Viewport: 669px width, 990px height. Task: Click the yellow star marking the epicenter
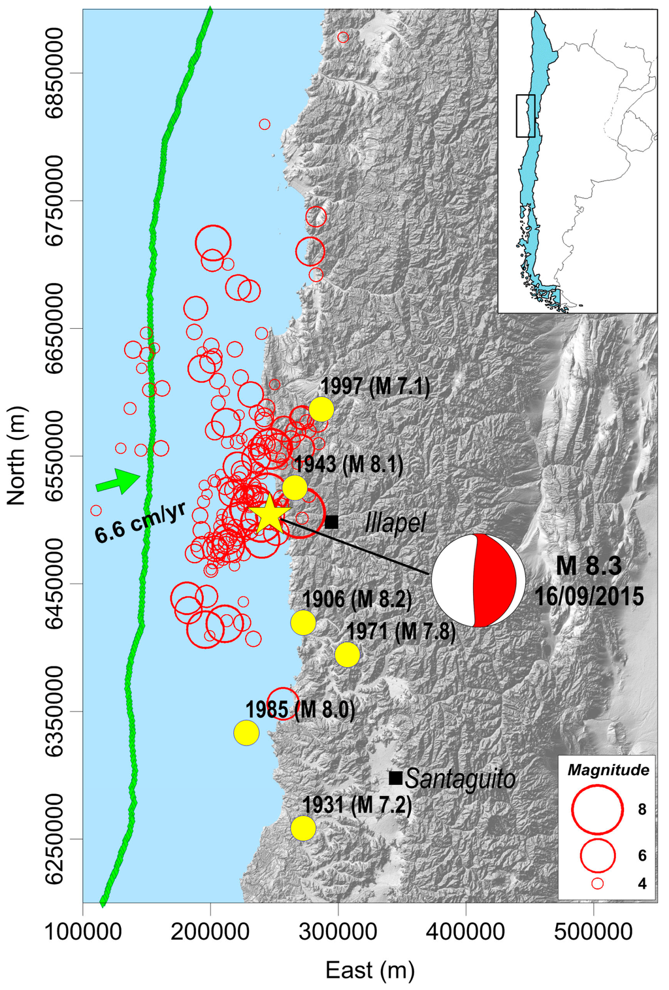pyautogui.click(x=269, y=515)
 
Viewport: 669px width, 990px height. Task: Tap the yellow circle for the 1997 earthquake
pyautogui.click(x=321, y=410)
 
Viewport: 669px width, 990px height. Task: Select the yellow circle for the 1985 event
pyautogui.click(x=246, y=733)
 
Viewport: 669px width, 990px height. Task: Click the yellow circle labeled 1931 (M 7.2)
pyautogui.click(x=303, y=828)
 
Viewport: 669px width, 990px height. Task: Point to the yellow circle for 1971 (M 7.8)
pyautogui.click(x=348, y=654)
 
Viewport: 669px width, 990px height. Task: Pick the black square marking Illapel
pyautogui.click(x=332, y=521)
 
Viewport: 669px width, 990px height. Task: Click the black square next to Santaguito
pyautogui.click(x=395, y=778)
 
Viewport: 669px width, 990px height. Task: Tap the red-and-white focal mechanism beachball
pyautogui.click(x=478, y=580)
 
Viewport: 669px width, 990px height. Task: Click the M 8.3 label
pyautogui.click(x=589, y=566)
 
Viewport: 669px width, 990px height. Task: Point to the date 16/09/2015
pyautogui.click(x=589, y=596)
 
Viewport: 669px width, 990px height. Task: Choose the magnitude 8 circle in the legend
pyautogui.click(x=596, y=810)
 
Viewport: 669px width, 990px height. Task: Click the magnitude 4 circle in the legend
pyautogui.click(x=597, y=883)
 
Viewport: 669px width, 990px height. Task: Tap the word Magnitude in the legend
pyautogui.click(x=608, y=770)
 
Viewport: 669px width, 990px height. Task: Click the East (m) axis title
pyautogui.click(x=370, y=970)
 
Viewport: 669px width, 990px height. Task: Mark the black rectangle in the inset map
pyautogui.click(x=525, y=116)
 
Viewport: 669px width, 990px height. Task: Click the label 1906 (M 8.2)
pyautogui.click(x=356, y=599)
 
